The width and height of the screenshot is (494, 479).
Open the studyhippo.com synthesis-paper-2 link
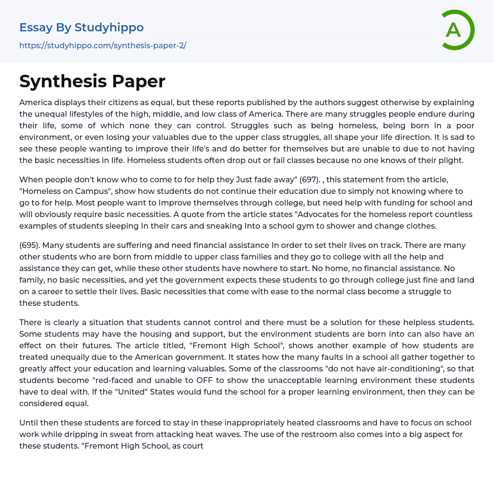tap(102, 45)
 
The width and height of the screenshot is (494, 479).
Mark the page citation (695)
tap(30, 245)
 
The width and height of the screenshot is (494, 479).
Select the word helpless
tap(410, 322)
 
